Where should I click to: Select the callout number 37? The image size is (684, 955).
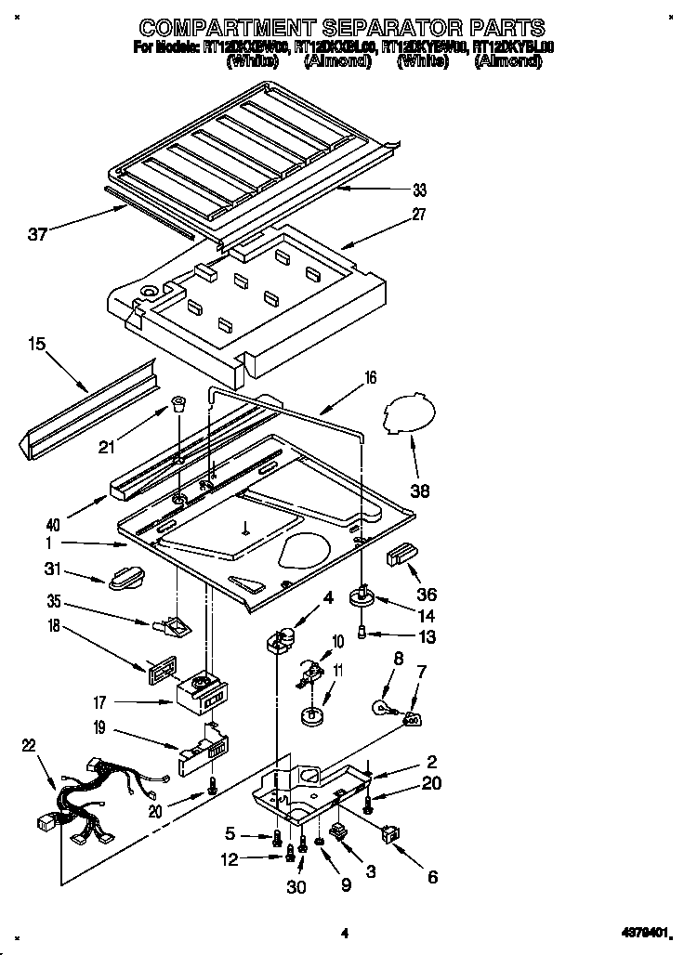pos(37,234)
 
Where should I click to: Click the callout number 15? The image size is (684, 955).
pos(36,345)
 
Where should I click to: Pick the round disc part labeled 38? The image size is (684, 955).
pos(410,414)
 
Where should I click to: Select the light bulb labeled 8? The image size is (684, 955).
pos(383,708)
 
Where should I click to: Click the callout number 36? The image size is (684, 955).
pos(427,595)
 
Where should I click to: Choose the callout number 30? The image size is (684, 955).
pos(296,886)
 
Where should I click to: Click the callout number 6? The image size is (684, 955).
pos(431,875)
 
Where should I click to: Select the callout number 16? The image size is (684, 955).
pos(370,377)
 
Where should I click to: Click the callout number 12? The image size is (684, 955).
pos(229,859)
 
